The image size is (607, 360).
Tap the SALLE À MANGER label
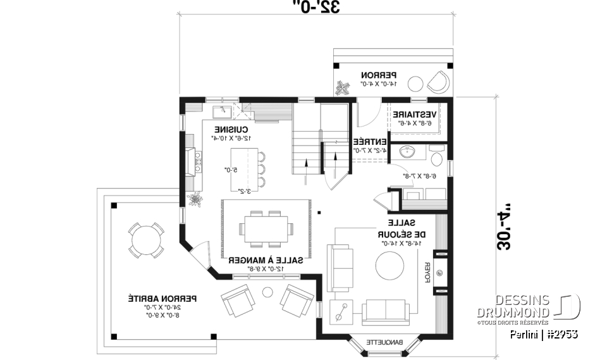(265, 260)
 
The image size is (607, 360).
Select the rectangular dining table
(267, 228)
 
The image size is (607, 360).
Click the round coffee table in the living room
(390, 266)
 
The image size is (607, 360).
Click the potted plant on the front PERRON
(343, 88)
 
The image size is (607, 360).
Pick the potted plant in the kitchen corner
(195, 201)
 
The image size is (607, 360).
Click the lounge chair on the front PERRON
(437, 80)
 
